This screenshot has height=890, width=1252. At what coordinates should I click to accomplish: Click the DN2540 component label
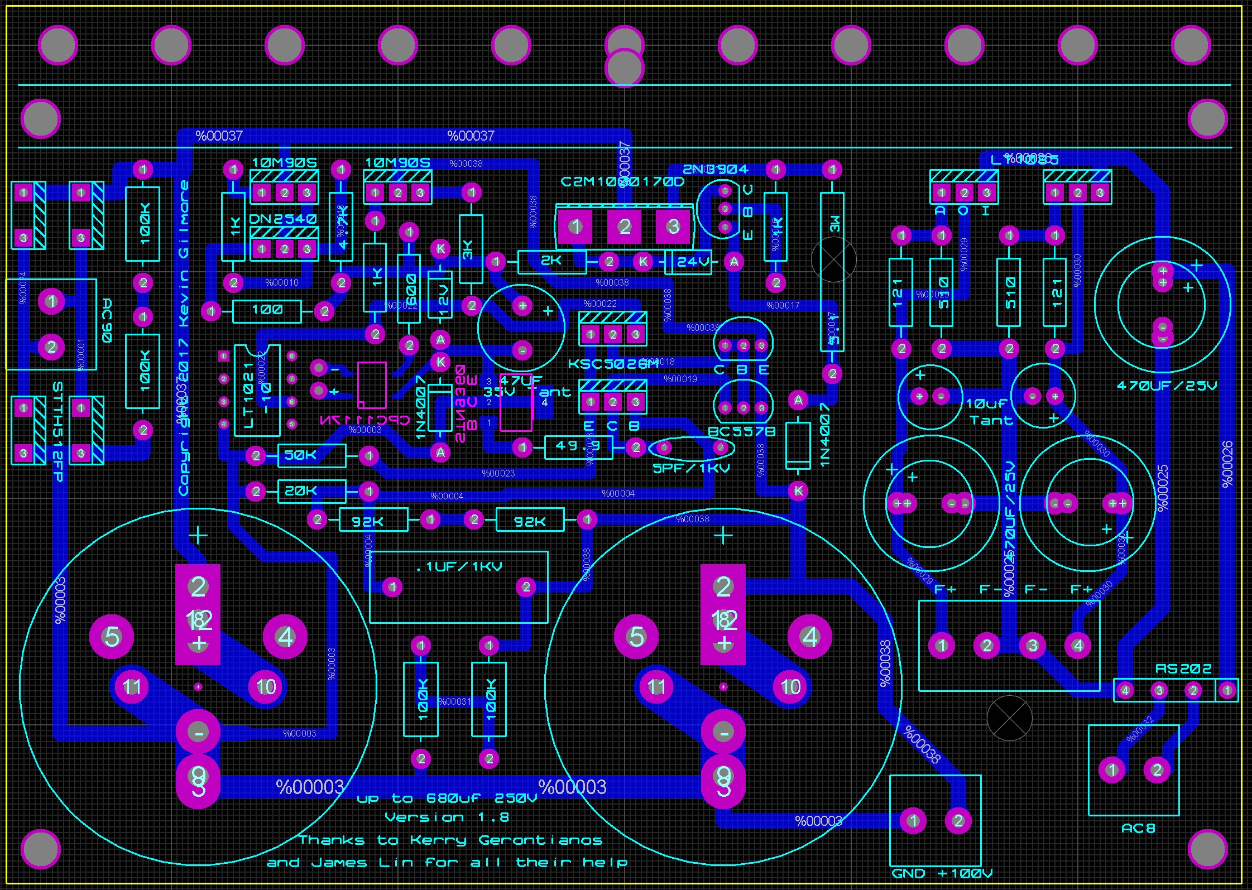[282, 218]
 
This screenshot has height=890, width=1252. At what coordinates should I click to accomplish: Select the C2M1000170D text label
[622, 182]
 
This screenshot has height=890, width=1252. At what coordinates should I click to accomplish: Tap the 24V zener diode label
[693, 262]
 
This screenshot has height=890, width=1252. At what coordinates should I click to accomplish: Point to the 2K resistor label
[551, 261]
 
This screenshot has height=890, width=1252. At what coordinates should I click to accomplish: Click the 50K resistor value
[300, 455]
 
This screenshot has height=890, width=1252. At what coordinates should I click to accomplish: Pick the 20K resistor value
[300, 491]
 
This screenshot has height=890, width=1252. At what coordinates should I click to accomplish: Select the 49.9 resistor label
[578, 446]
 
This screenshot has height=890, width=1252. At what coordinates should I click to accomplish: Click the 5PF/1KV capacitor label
[691, 468]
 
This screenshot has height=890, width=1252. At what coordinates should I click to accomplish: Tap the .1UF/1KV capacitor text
[459, 567]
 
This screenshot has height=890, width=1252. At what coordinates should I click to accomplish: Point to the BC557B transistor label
[741, 431]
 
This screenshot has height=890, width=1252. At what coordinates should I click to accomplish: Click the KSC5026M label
[613, 364]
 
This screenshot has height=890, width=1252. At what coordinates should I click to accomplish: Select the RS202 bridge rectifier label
[1183, 668]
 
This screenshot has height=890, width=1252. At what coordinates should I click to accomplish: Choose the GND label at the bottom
[908, 873]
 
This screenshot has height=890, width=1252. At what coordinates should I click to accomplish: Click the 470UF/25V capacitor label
[1166, 386]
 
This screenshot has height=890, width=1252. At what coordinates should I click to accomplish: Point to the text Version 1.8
[447, 817]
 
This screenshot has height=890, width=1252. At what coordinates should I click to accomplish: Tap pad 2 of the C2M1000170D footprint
[624, 226]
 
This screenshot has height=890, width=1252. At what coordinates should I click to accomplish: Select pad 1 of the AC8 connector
[1112, 770]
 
